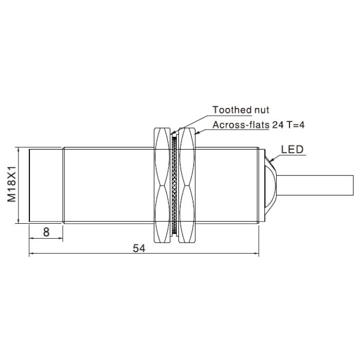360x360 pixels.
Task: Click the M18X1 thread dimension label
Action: point(11,184)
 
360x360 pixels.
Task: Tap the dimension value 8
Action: point(46,232)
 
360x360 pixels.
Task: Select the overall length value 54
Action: point(139,248)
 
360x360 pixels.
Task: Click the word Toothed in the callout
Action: point(232,110)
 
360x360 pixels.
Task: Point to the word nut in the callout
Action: point(261,110)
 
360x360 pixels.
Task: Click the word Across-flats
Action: point(241,125)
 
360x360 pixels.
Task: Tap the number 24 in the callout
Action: point(278,125)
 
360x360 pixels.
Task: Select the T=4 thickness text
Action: point(295,125)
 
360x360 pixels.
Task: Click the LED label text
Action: point(292,150)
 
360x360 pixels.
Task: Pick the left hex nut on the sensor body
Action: point(162,185)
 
